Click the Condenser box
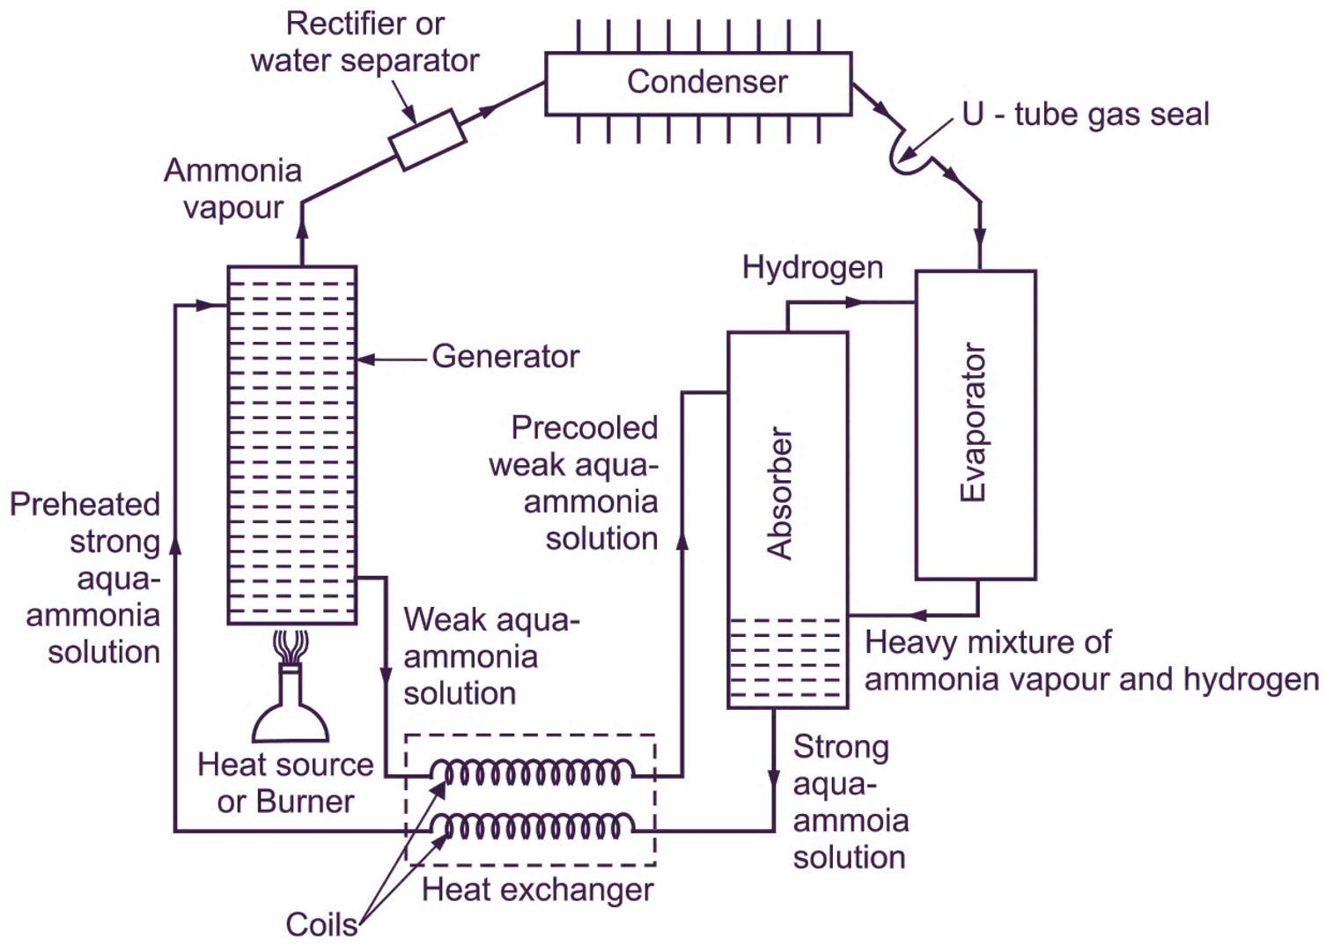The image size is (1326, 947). (x=698, y=83)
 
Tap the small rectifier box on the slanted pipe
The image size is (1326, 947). (x=427, y=139)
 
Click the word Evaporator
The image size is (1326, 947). (x=973, y=423)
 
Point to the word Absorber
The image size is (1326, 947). (x=780, y=493)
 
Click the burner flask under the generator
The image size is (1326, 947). (x=291, y=705)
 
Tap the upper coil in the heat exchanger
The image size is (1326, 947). (x=532, y=773)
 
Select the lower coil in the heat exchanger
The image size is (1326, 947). (x=532, y=827)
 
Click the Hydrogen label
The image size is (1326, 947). (x=812, y=268)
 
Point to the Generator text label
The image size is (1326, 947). (x=505, y=357)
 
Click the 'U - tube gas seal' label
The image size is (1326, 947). (x=1085, y=115)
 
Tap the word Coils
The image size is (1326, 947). (x=321, y=925)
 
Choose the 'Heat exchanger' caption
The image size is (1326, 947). (x=537, y=890)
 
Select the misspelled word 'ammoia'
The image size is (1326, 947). (x=851, y=820)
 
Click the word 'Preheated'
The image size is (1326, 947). (x=85, y=505)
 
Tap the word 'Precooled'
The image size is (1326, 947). (x=585, y=428)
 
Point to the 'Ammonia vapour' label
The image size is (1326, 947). (x=232, y=189)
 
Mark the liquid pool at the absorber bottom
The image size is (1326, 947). (x=787, y=661)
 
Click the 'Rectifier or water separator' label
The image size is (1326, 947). (x=365, y=42)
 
